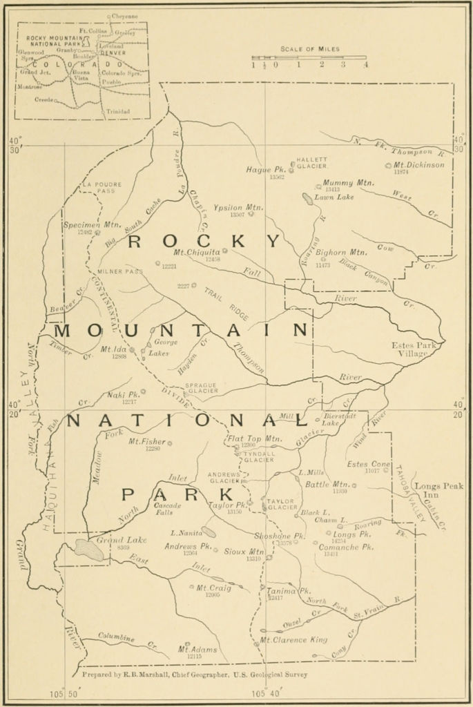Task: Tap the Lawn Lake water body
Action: [x=307, y=199]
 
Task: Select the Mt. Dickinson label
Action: [x=418, y=165]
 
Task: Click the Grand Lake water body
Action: [x=89, y=550]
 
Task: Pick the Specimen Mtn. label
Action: [x=92, y=225]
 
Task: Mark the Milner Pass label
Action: [x=120, y=271]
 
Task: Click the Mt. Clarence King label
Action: [x=293, y=640]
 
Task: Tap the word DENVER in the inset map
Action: [x=113, y=52]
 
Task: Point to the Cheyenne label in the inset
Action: [x=124, y=16]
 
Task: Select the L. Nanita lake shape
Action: [x=208, y=532]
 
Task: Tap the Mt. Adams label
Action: [x=197, y=650]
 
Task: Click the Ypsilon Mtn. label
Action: [x=238, y=207]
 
